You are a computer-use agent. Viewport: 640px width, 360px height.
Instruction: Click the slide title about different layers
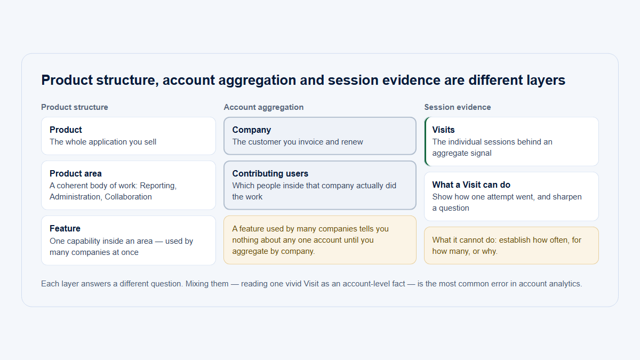(x=303, y=80)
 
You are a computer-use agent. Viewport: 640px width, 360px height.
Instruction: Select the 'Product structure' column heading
(x=75, y=107)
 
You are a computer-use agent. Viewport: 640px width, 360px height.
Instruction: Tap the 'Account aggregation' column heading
(x=263, y=107)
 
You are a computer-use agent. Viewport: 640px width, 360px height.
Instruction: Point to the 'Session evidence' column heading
(x=458, y=107)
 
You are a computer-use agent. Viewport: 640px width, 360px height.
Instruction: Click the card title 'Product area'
(x=75, y=173)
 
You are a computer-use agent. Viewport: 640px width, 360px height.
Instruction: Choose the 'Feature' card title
(x=65, y=229)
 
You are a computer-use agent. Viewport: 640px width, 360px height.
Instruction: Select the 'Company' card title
(x=251, y=130)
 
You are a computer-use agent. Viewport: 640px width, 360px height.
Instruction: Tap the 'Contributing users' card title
(x=270, y=173)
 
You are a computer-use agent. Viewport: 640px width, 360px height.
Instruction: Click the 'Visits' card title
(x=443, y=130)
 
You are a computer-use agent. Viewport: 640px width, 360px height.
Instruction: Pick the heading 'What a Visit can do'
(x=471, y=185)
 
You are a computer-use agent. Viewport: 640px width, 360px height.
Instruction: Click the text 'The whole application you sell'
(x=103, y=142)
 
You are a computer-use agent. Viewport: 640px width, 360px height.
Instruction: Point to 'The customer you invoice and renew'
(x=298, y=142)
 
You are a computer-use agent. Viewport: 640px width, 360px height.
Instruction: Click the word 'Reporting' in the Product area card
(x=158, y=186)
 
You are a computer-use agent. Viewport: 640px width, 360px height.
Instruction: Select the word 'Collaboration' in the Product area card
(x=128, y=197)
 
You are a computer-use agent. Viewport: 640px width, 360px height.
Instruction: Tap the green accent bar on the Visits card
(x=426, y=141)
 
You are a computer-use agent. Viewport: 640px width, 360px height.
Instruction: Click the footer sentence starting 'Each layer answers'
(x=311, y=284)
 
